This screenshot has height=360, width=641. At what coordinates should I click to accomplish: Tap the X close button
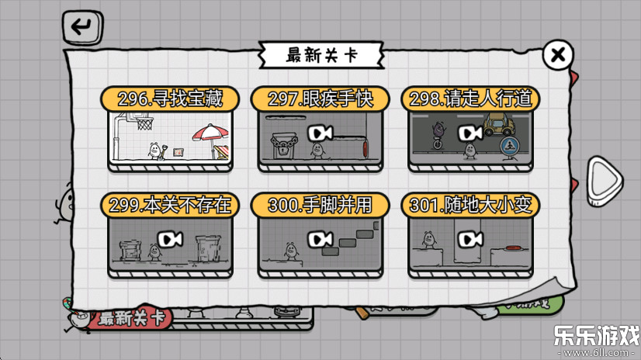(x=557, y=55)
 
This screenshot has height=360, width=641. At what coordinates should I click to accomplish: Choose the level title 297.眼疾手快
(x=320, y=99)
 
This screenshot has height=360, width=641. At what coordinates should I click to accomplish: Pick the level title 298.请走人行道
(x=470, y=99)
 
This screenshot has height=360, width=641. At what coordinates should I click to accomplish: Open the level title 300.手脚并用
(x=320, y=205)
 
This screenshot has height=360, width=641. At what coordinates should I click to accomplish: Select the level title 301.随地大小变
(x=470, y=205)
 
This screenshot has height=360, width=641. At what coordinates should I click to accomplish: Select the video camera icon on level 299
(x=170, y=238)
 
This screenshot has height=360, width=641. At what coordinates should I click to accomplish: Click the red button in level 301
(x=511, y=247)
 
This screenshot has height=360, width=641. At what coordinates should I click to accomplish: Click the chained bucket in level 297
(x=282, y=144)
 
